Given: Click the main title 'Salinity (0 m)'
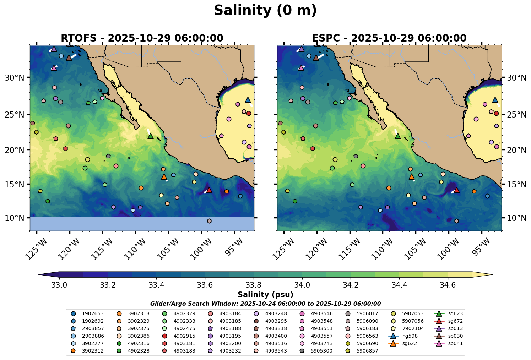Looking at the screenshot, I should [x=265, y=11].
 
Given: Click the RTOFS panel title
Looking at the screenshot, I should [x=142, y=38].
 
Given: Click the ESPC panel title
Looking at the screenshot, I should [x=389, y=38].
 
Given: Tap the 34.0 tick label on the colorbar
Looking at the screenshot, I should [x=302, y=285].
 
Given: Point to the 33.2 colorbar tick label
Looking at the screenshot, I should [x=108, y=285].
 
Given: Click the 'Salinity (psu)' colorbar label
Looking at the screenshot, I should [x=265, y=295].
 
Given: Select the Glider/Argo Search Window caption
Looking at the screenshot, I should [x=265, y=304].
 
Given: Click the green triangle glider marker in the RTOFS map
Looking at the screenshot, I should [x=150, y=136].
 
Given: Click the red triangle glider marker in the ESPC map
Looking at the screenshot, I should [x=457, y=190].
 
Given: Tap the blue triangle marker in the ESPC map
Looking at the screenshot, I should [x=495, y=100].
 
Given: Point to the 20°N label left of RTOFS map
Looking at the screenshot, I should [x=15, y=150].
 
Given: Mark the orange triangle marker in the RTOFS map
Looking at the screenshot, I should [x=164, y=176].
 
